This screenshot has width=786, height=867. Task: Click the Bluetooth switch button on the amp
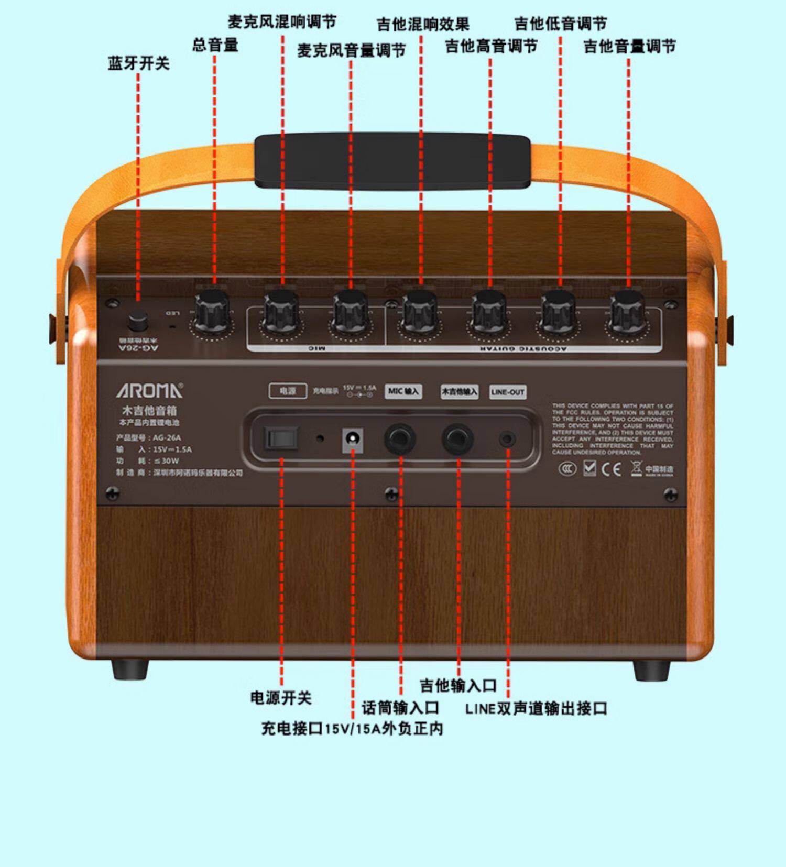point(138,320)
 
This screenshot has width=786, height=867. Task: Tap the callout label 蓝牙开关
point(139,63)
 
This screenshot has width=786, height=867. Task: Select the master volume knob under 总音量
point(213,312)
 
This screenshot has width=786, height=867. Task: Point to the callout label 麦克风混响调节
point(282,22)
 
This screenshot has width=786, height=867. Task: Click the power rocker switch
point(281,438)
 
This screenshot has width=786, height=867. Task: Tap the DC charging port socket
point(353,438)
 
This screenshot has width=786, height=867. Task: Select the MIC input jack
point(400,439)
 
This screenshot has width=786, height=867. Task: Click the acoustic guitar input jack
point(457,439)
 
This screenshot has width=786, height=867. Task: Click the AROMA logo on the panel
point(150,391)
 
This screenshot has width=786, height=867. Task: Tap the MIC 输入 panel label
point(403,391)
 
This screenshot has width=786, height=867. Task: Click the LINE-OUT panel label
point(508,392)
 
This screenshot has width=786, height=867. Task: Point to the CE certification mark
point(611,469)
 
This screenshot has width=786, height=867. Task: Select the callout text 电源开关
point(281,698)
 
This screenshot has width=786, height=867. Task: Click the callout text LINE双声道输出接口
point(536,709)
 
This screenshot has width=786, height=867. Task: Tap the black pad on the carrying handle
point(392,161)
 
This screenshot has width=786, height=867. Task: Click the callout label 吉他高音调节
point(491,47)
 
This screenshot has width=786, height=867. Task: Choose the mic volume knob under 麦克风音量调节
point(351,312)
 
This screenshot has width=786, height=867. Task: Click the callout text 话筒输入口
point(400,708)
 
